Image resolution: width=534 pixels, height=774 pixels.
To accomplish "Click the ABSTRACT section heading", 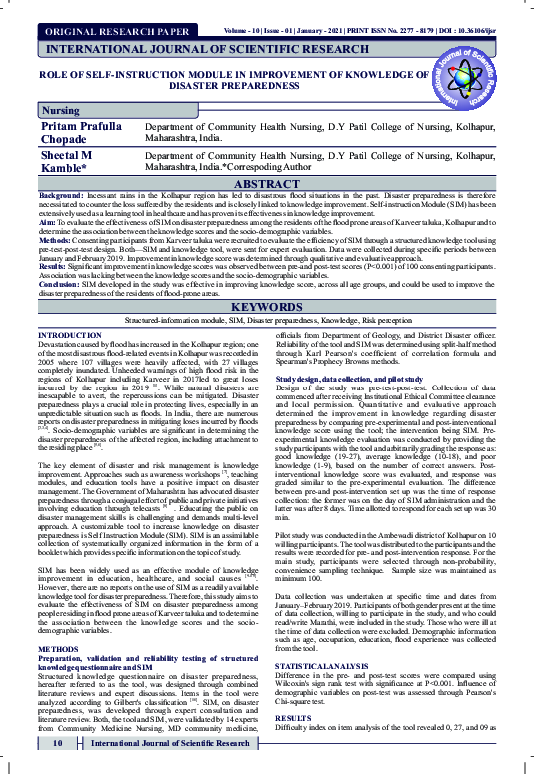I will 266,184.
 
